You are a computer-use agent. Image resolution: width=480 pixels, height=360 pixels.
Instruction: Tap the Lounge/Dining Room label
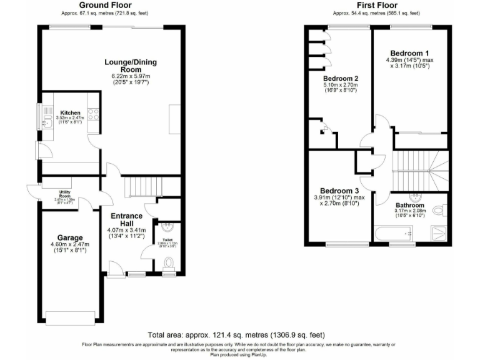click(130, 66)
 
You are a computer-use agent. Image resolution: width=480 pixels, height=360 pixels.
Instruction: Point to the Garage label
click(70, 237)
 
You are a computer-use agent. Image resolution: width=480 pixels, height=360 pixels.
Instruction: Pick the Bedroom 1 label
click(409, 52)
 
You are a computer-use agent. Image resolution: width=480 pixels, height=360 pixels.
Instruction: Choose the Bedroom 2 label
click(340, 79)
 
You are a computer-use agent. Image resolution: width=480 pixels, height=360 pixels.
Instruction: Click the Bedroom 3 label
click(339, 191)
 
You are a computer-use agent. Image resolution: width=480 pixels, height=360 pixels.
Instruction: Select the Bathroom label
click(409, 205)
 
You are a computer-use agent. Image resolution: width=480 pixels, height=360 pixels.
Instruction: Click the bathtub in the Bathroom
click(394, 234)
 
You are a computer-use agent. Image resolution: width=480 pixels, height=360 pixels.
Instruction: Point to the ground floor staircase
click(142, 186)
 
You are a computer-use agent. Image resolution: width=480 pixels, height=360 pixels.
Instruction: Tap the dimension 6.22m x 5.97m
click(130, 76)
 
